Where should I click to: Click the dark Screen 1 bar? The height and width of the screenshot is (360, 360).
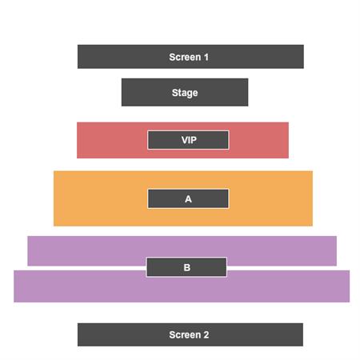point(190,57)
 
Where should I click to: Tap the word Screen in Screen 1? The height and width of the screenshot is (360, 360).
point(185,57)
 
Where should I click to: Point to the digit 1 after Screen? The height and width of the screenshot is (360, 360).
point(206,57)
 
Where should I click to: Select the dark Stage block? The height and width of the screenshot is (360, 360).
point(185,92)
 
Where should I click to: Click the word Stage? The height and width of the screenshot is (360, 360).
point(185,93)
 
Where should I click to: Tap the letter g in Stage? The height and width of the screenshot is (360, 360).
point(189,94)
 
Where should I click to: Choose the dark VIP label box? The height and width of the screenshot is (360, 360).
point(188,140)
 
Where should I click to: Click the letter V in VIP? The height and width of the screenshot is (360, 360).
point(185,140)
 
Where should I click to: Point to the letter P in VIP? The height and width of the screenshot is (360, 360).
point(194,140)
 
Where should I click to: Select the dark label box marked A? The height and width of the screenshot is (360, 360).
point(188,198)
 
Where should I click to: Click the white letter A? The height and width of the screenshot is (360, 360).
point(188,199)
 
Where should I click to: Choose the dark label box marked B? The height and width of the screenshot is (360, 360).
point(186,267)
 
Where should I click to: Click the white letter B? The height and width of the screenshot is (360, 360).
point(187,267)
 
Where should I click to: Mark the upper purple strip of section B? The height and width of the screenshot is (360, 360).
point(182,247)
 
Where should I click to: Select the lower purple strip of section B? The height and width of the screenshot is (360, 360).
point(182,290)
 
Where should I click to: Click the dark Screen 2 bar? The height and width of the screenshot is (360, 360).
point(190,334)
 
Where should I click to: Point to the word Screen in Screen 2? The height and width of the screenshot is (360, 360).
point(185,335)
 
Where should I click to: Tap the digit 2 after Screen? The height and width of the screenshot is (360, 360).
point(206,335)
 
